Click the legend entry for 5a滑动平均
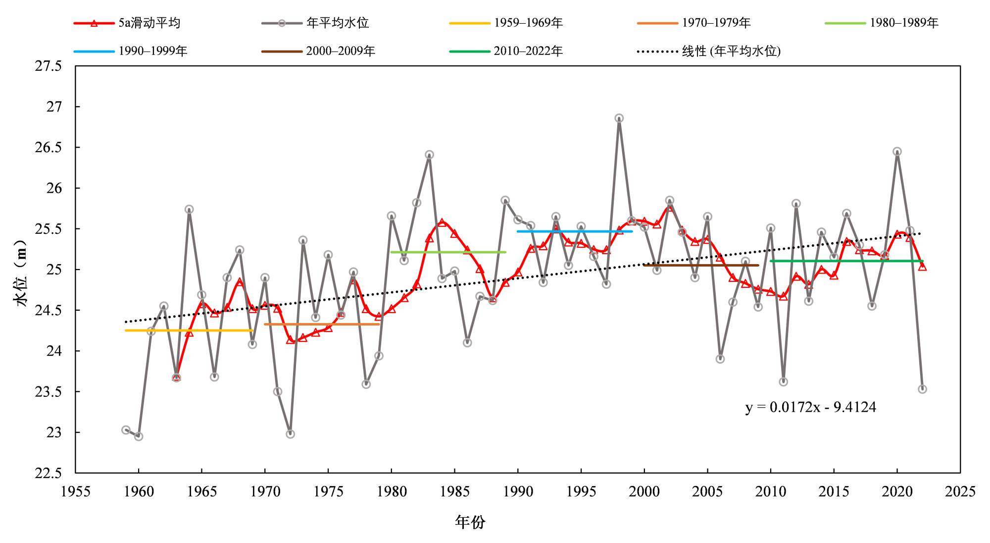tap(127, 23)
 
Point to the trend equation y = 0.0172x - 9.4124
tap(810, 407)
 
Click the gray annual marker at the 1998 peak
tap(619, 118)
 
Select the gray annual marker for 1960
tap(139, 436)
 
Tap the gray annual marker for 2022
tap(922, 389)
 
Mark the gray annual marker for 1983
tap(429, 155)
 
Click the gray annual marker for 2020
tap(897, 152)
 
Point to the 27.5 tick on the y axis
tap(49, 66)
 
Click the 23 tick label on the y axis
tap(54, 433)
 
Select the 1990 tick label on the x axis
tap(518, 491)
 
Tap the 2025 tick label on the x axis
tap(960, 491)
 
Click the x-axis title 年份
tap(470, 522)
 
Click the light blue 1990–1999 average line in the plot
tap(574, 231)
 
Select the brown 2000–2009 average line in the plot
tap(701, 265)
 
